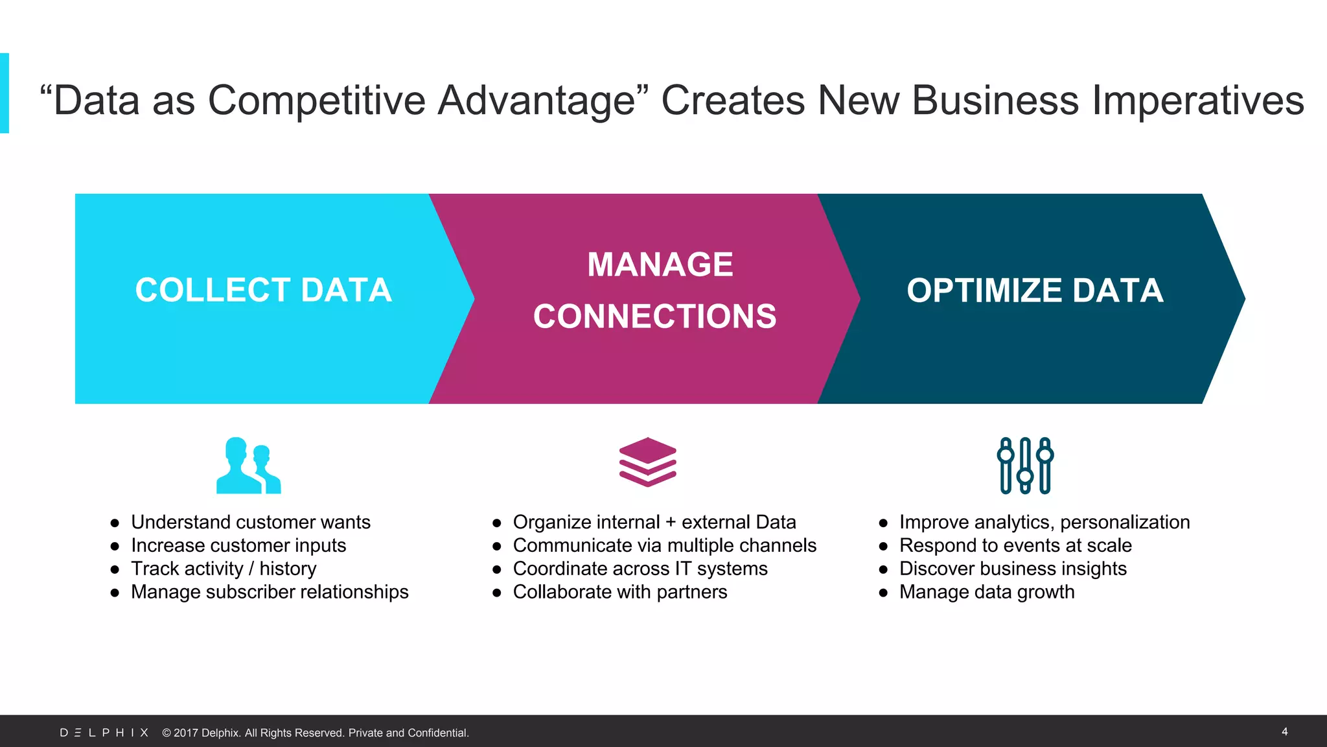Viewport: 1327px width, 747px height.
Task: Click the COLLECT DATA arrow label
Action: click(x=263, y=290)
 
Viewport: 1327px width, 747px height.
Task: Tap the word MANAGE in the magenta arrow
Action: click(x=660, y=265)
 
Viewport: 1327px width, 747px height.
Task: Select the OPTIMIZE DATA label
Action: click(x=1035, y=290)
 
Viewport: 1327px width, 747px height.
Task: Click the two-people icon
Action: click(x=248, y=466)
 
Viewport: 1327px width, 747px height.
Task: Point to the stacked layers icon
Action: click(x=647, y=462)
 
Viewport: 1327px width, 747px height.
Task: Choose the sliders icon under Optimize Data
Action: click(x=1025, y=466)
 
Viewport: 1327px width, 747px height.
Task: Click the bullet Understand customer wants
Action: click(x=250, y=522)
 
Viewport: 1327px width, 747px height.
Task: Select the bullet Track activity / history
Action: click(x=224, y=569)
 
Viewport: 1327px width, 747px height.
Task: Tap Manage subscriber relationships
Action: click(x=270, y=592)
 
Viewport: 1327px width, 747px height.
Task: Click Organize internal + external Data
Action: click(x=654, y=522)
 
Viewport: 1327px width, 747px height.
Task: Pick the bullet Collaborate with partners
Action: click(x=620, y=592)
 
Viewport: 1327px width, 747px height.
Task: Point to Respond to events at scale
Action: click(x=1015, y=545)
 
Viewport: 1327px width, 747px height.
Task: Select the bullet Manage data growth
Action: click(x=987, y=592)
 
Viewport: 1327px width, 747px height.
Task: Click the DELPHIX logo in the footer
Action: click(x=104, y=733)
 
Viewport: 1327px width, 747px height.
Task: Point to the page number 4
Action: click(x=1284, y=731)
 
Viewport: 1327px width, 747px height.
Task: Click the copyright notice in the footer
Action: click(x=316, y=733)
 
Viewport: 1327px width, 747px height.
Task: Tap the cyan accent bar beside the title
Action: click(x=5, y=93)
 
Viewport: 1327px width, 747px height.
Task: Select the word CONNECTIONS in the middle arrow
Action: click(x=654, y=316)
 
